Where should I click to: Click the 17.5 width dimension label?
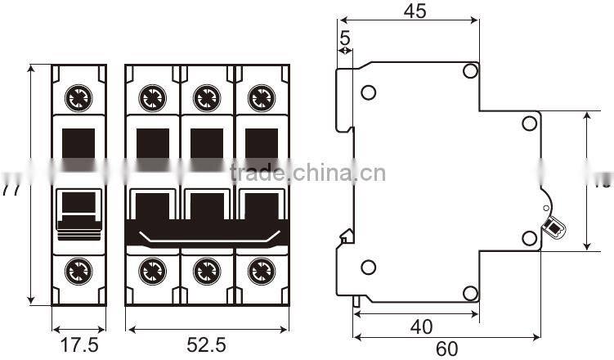79,344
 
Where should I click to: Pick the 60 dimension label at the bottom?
446,349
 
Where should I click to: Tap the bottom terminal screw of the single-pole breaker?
79,269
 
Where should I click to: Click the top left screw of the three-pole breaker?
151,99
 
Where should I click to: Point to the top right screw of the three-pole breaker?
261,99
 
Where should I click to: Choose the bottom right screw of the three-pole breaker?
261,269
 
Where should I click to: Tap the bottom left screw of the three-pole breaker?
151,269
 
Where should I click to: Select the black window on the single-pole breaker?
78,143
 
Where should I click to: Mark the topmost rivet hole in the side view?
470,72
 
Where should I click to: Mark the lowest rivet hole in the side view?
470,293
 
